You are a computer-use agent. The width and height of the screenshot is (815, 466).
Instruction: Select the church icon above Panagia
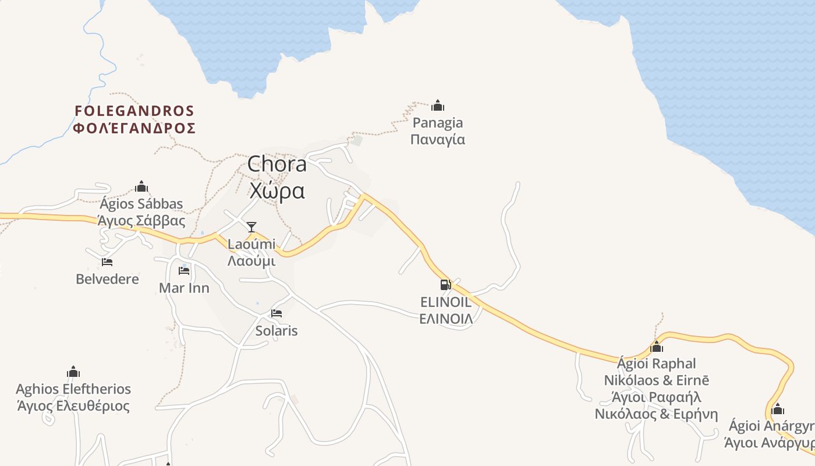tap(438, 105)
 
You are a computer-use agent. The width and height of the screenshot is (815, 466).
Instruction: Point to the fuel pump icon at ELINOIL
tap(445, 285)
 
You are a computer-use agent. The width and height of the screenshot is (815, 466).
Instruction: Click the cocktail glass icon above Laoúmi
tap(251, 227)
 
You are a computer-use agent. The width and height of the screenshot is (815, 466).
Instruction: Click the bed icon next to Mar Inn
tap(184, 271)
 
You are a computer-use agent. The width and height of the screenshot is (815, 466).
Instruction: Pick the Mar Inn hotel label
tap(184, 288)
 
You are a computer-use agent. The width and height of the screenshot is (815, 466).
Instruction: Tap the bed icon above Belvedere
tap(107, 262)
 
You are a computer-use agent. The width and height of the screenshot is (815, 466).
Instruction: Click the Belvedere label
tap(108, 279)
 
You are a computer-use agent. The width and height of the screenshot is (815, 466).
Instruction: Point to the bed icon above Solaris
tap(277, 313)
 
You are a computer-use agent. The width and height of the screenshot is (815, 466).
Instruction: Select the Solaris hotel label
tap(277, 331)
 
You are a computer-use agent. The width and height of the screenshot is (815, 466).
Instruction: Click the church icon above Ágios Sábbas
tap(141, 186)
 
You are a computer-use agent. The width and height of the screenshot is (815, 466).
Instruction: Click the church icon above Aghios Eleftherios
tap(73, 372)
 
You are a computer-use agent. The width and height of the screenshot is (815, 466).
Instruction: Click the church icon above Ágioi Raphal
tap(657, 347)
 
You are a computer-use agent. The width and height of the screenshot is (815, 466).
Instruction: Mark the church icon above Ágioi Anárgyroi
tap(778, 409)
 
